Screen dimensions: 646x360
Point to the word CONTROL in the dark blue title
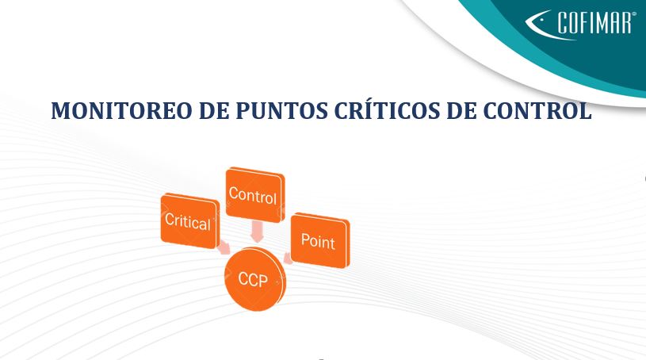537,110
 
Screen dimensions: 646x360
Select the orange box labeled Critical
190,220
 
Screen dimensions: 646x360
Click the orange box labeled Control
255,194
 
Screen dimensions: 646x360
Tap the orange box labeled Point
320,240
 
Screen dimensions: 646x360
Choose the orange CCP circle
255,279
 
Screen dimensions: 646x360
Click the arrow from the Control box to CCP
257,231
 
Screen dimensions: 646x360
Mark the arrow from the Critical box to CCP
224,247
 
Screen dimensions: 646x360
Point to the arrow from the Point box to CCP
288,259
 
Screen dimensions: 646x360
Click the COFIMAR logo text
594,23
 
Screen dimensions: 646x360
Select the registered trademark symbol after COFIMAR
633,13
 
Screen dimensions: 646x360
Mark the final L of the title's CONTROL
585,110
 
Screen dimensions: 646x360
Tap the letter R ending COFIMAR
625,23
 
